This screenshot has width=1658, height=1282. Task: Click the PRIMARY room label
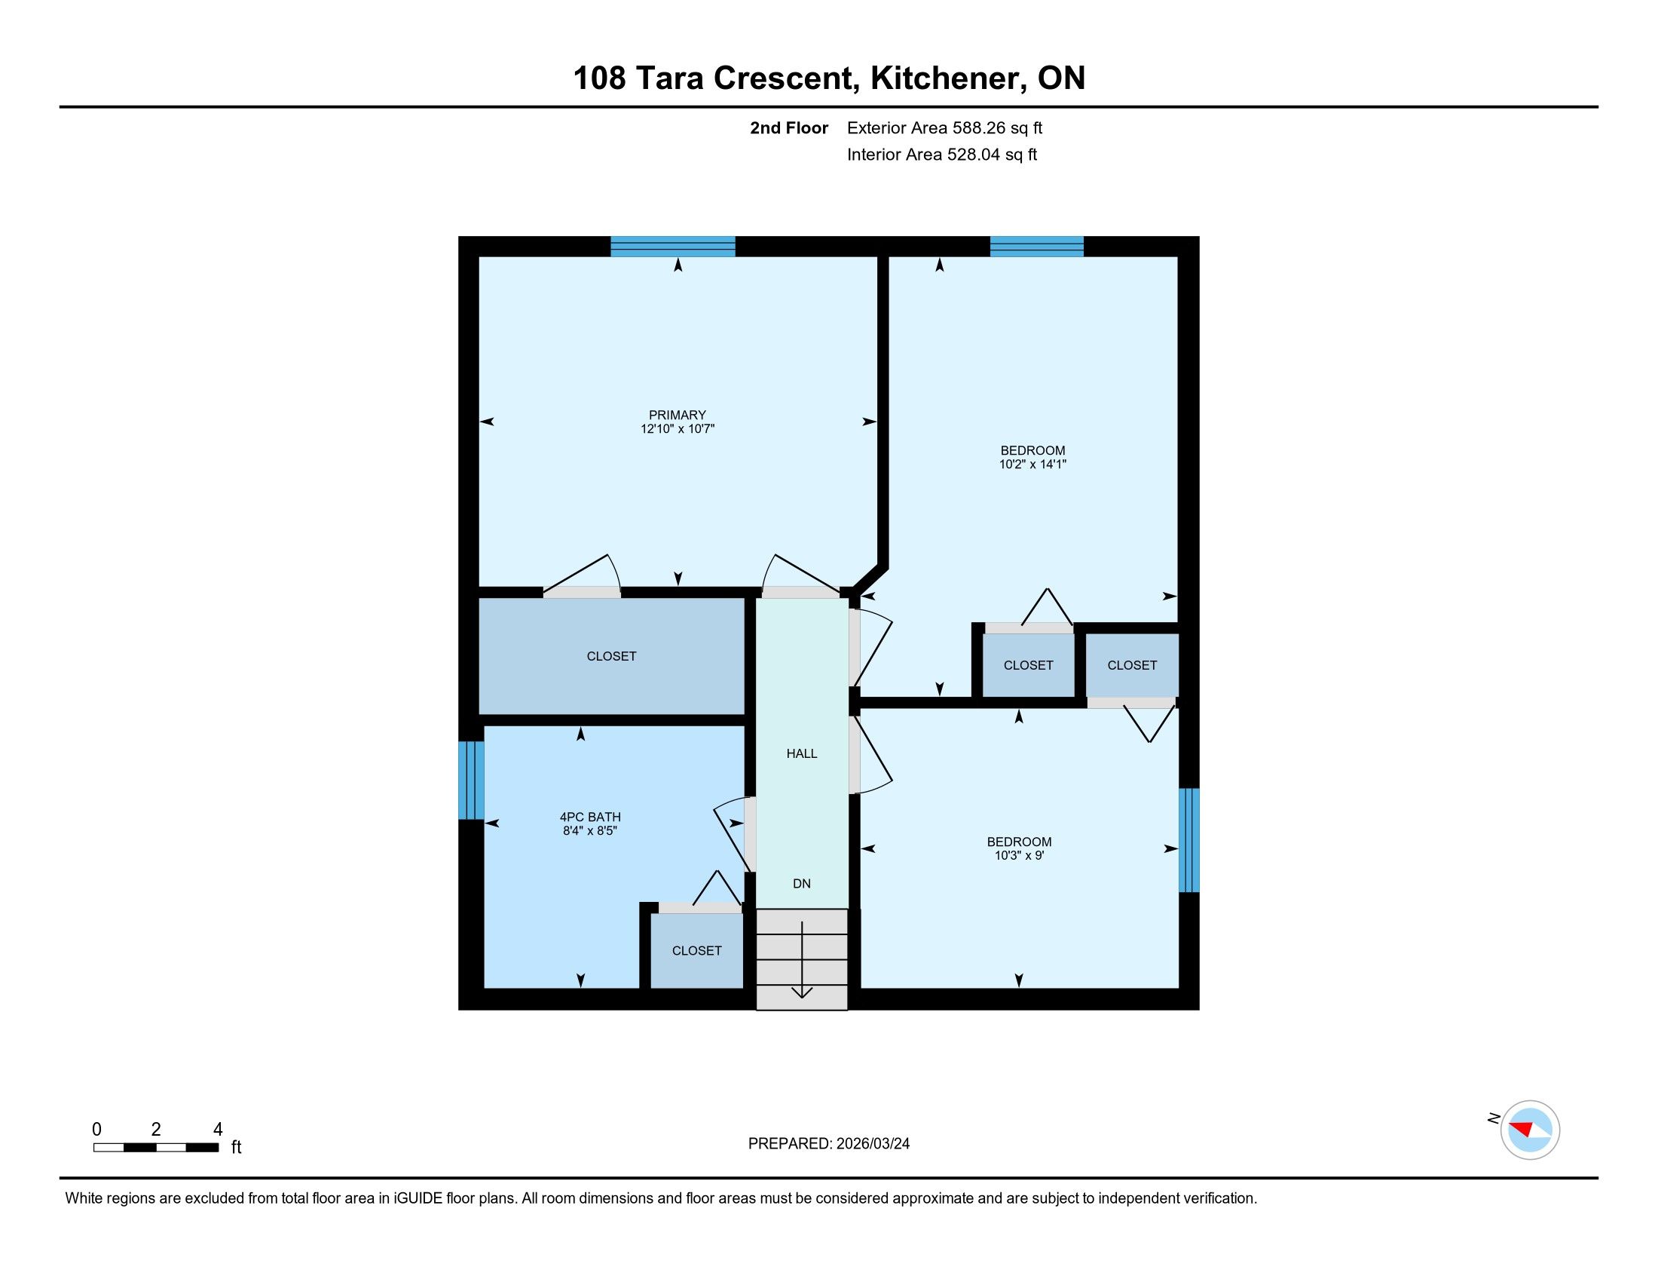pyautogui.click(x=678, y=415)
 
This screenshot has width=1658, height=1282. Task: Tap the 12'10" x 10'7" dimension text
pyautogui.click(x=678, y=429)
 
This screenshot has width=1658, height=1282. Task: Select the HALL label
pyautogui.click(x=802, y=753)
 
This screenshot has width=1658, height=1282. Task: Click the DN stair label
pyautogui.click(x=802, y=883)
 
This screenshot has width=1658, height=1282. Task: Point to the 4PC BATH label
pyautogui.click(x=590, y=817)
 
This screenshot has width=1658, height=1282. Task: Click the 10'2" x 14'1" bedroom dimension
pyautogui.click(x=1032, y=464)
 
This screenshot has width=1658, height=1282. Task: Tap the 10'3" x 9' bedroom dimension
pyautogui.click(x=1019, y=855)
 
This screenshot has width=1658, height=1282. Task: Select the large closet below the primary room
pyautogui.click(x=611, y=656)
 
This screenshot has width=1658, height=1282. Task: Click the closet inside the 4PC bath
pyautogui.click(x=697, y=950)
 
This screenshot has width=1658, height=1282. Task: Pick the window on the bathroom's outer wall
pyautogui.click(x=472, y=780)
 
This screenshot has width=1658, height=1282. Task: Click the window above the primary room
pyautogui.click(x=673, y=247)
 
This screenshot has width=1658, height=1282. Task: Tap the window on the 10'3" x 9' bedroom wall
pyautogui.click(x=1188, y=840)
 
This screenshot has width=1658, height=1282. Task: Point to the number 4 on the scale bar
pyautogui.click(x=218, y=1129)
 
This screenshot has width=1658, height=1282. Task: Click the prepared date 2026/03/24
pyautogui.click(x=873, y=1144)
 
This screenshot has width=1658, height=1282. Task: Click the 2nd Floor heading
pyautogui.click(x=789, y=127)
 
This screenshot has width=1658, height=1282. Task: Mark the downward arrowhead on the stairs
pyautogui.click(x=803, y=992)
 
